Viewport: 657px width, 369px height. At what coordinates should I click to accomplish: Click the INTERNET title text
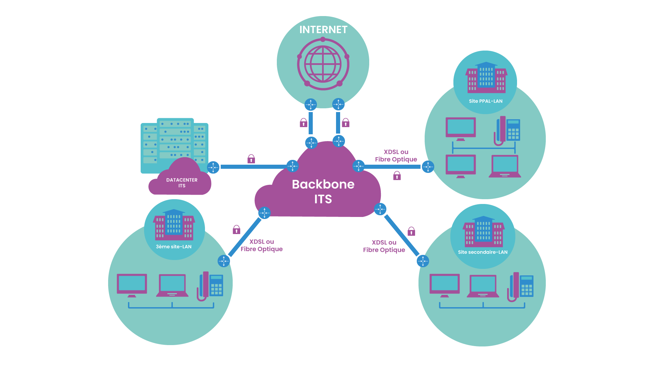tap(323, 30)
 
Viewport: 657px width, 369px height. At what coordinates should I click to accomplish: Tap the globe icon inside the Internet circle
tap(323, 64)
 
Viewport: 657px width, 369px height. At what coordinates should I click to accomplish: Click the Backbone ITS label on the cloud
tap(323, 191)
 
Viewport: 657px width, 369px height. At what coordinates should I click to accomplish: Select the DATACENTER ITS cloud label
tap(182, 183)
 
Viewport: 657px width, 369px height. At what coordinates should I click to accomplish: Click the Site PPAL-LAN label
tap(486, 101)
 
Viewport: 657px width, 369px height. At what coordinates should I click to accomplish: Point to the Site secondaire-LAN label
tap(482, 252)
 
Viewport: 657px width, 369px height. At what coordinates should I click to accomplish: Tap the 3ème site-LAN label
tap(173, 247)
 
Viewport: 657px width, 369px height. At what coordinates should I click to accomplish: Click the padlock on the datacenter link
tap(251, 159)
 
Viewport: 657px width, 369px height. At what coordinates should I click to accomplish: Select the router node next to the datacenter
tap(213, 167)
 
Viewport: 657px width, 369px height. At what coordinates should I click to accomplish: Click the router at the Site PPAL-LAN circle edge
tap(428, 167)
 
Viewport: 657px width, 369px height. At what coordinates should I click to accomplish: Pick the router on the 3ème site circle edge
tap(224, 261)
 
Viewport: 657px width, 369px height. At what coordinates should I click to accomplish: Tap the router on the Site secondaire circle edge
tap(423, 261)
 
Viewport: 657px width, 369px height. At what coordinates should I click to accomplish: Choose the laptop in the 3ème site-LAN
tap(172, 285)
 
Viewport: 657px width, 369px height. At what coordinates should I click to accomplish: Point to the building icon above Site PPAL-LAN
tap(486, 78)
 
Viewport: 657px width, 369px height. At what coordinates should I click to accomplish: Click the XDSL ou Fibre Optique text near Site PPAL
tap(396, 156)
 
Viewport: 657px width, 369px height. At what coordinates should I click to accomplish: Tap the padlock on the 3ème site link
tap(236, 230)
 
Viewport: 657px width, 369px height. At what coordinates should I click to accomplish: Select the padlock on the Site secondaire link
tap(411, 232)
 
